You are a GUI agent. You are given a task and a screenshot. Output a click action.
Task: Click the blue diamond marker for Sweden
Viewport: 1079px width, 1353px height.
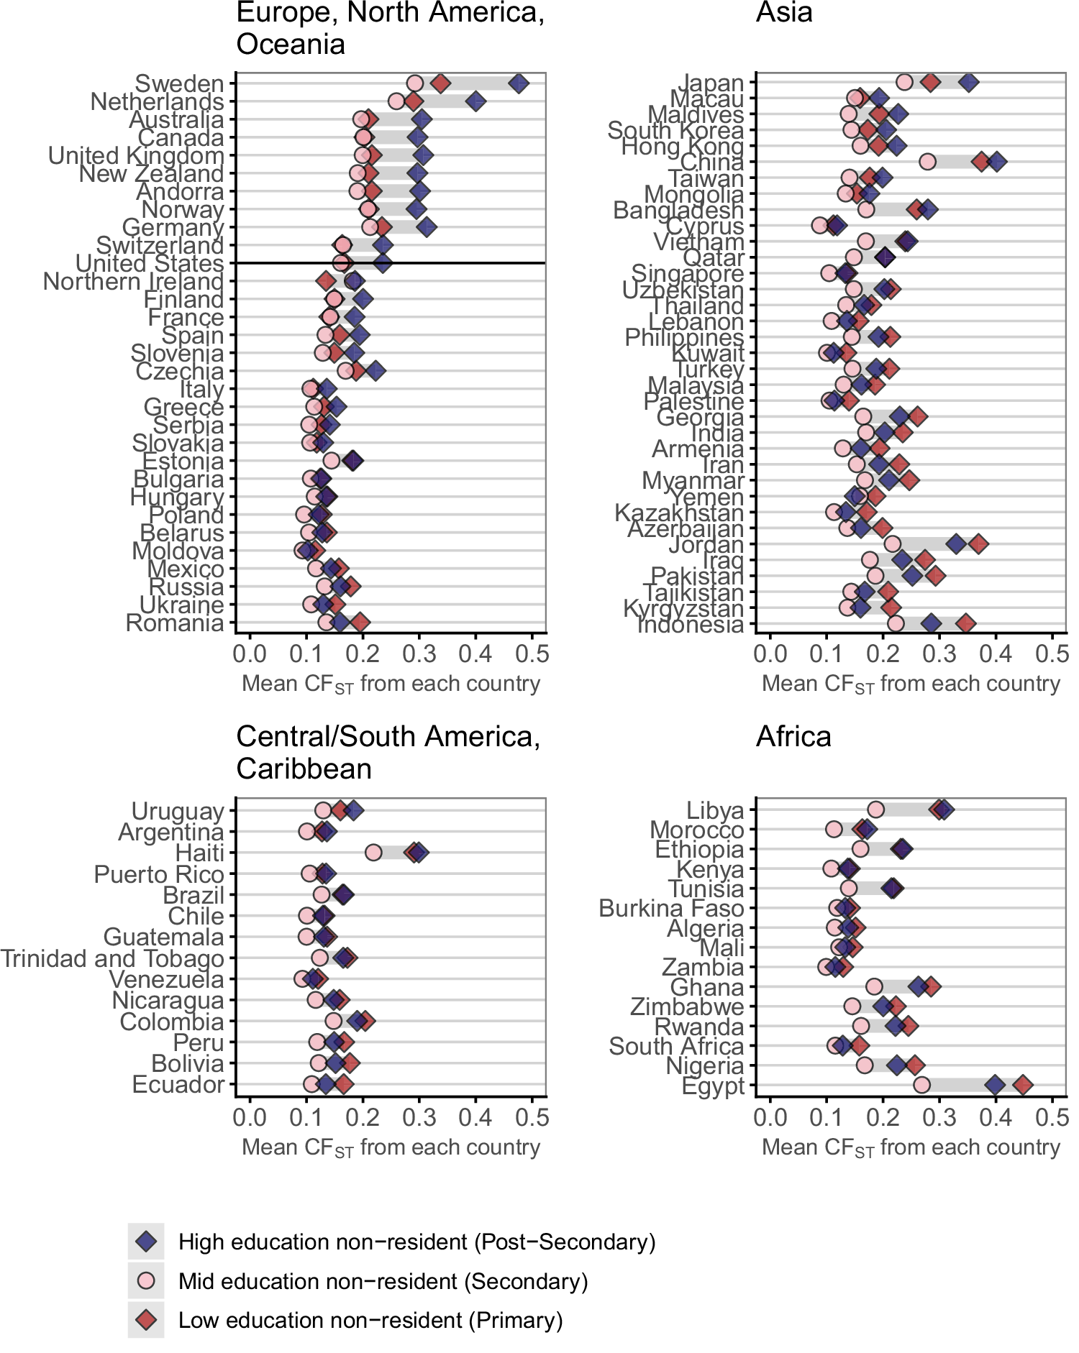tap(518, 83)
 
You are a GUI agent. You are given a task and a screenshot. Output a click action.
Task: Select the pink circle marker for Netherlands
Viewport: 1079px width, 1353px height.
tap(396, 101)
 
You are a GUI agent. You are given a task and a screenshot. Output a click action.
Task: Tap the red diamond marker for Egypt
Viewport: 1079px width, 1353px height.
tap(1022, 1085)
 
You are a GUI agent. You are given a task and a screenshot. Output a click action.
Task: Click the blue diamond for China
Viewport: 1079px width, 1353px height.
tap(996, 162)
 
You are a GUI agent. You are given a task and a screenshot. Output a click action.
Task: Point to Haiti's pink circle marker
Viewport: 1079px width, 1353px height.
tap(373, 853)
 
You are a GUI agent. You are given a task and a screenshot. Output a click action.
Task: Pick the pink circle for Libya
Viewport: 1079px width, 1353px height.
tap(875, 810)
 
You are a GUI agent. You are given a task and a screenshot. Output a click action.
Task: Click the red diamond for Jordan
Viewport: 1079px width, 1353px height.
tap(978, 544)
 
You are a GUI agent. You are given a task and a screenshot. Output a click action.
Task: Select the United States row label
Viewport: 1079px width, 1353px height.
tap(150, 264)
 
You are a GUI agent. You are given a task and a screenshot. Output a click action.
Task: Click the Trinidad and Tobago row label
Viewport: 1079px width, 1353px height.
tap(112, 958)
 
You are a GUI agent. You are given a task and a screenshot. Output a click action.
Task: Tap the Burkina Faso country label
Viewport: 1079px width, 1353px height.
tap(670, 909)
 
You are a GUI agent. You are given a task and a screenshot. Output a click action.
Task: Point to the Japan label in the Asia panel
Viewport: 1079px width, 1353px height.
tap(712, 83)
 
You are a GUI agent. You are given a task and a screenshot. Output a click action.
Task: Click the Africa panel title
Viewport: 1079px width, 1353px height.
tap(793, 737)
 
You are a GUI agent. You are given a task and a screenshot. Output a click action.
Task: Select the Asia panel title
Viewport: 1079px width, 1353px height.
tap(784, 13)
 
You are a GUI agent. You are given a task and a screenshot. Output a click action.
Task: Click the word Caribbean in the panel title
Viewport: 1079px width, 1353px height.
tap(304, 769)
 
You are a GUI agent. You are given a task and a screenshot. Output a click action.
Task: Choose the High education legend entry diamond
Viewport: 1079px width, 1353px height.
tap(146, 1242)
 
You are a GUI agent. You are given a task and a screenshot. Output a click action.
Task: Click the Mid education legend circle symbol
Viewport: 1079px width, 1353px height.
tap(146, 1281)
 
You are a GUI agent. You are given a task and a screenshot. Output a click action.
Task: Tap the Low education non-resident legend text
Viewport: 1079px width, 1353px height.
tap(370, 1321)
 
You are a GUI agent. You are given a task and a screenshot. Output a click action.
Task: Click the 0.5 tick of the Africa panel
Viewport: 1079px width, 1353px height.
tap(1052, 1117)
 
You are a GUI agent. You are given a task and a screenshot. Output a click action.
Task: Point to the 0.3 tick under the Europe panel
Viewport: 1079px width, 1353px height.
tap(419, 653)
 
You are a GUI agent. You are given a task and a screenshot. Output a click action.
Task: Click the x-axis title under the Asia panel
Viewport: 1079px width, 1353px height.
tap(911, 684)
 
